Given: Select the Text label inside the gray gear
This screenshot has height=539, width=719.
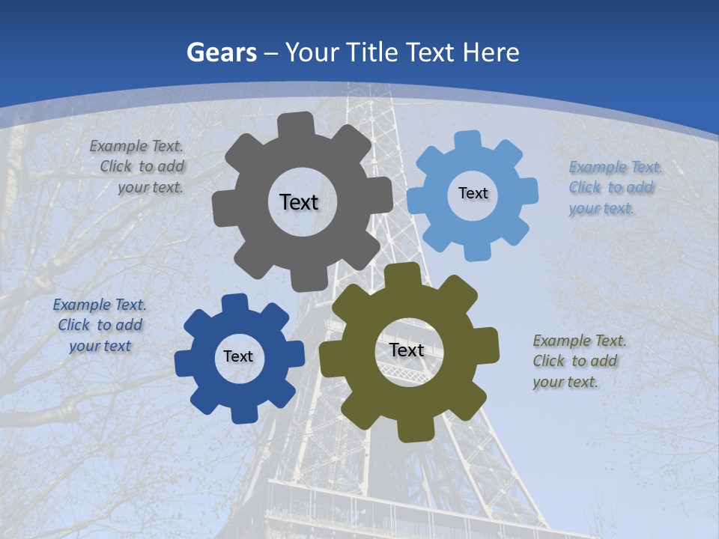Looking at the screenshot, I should coord(299,202).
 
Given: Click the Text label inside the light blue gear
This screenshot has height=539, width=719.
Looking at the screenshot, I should coord(473,193).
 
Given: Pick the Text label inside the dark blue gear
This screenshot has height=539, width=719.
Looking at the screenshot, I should coord(238,356).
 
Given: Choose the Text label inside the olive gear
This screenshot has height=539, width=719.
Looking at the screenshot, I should coord(407,350).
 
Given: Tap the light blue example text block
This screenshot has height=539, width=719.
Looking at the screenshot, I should coord(611,188).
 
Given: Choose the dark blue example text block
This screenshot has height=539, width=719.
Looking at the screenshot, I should coord(100,325).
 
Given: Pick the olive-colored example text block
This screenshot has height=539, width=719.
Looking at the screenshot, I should coord(578,361).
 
